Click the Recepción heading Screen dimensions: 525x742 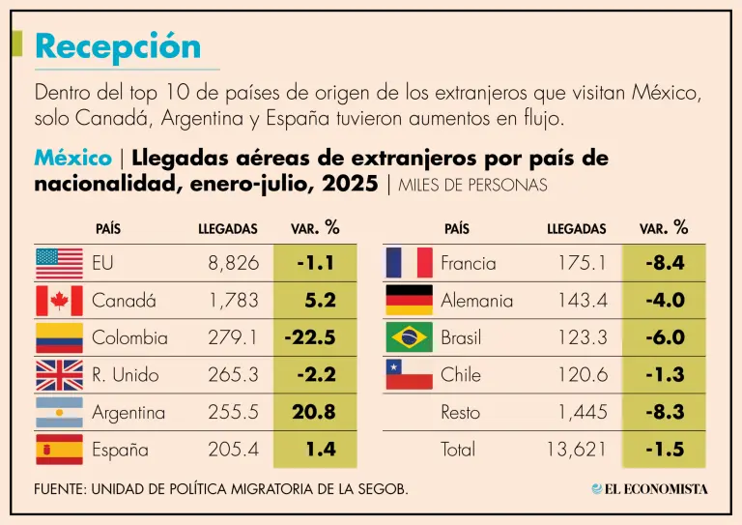coord(117,45)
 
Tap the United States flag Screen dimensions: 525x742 coord(59,262)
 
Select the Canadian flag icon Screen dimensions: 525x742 coord(59,301)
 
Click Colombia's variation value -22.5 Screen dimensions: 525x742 coord(309,337)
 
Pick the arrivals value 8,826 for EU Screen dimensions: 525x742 coord(233,262)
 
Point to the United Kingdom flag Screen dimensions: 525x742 coord(59,374)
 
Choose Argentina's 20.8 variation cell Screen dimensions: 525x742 coord(313,412)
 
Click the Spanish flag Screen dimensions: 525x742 coord(59,450)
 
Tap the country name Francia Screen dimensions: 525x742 coord(468,262)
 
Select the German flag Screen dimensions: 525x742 coord(409,301)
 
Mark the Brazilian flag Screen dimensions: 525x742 coord(409,337)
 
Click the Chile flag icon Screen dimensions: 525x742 coord(409,374)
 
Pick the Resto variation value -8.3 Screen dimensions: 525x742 coord(664,412)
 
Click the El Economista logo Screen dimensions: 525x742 coord(649,488)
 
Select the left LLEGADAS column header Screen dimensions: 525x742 coord(228,229)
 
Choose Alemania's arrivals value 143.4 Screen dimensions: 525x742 coord(583,301)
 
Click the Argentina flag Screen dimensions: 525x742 coord(59,412)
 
